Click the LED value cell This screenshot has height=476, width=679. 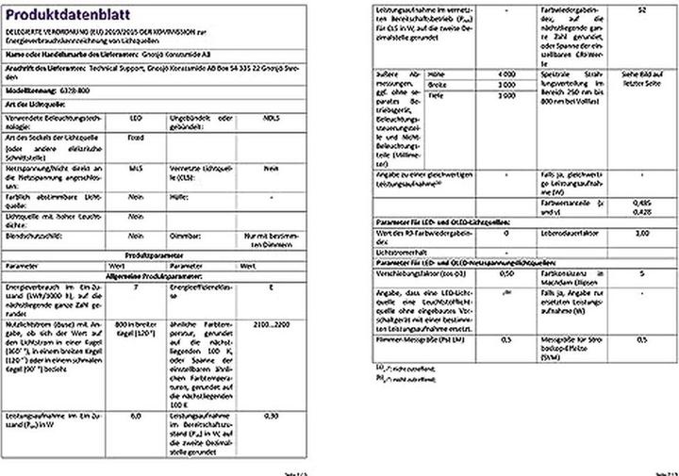click(x=137, y=119)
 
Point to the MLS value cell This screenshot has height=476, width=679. click(x=137, y=168)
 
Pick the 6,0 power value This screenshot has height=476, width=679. click(x=137, y=416)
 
